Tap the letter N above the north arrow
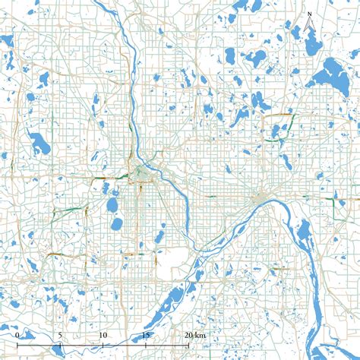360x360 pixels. pos(309,14)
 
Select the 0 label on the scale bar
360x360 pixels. pos(17,334)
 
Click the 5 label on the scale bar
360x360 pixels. pos(60,334)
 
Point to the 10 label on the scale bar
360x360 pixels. pos(103,334)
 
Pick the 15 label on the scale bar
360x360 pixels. pos(146,334)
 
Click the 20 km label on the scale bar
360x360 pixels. pos(193,334)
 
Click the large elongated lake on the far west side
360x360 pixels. pos(38,142)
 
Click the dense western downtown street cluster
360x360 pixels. pos(141,175)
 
